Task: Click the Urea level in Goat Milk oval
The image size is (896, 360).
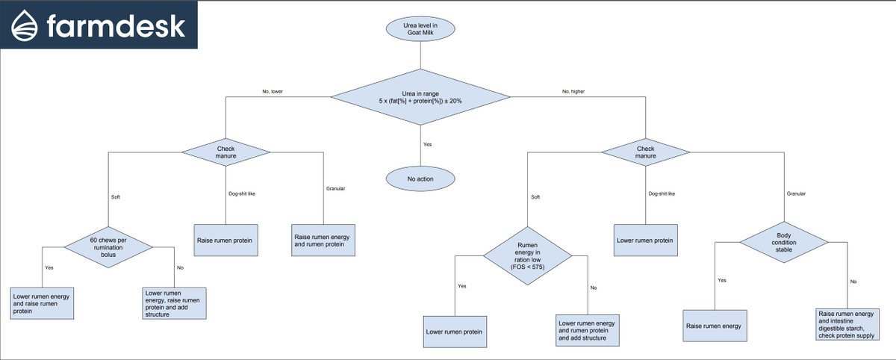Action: [420, 29]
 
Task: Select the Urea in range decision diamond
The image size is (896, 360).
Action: [420, 97]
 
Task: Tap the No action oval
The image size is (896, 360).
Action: [420, 179]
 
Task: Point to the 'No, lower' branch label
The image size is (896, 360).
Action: [273, 92]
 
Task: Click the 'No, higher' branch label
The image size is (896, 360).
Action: [573, 92]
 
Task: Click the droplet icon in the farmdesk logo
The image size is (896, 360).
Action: [25, 25]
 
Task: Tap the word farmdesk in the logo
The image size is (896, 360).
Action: [116, 26]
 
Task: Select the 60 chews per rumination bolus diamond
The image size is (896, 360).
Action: [108, 247]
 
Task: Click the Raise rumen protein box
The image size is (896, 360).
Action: [226, 240]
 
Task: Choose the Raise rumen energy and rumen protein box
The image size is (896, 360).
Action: [323, 240]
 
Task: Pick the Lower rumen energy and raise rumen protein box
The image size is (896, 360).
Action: [42, 303]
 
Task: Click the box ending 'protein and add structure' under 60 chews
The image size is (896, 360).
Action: [175, 303]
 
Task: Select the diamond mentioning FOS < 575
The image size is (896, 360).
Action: [528, 256]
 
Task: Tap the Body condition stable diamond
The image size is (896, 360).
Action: [784, 243]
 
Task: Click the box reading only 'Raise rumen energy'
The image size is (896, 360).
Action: [715, 326]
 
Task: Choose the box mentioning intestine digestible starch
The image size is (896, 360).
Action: [847, 324]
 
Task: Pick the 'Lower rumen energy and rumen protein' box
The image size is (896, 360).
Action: [588, 330]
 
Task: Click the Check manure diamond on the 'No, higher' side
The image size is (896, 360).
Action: [646, 152]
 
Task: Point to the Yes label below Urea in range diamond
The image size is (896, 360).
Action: [428, 144]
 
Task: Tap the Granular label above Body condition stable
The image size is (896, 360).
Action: [796, 193]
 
